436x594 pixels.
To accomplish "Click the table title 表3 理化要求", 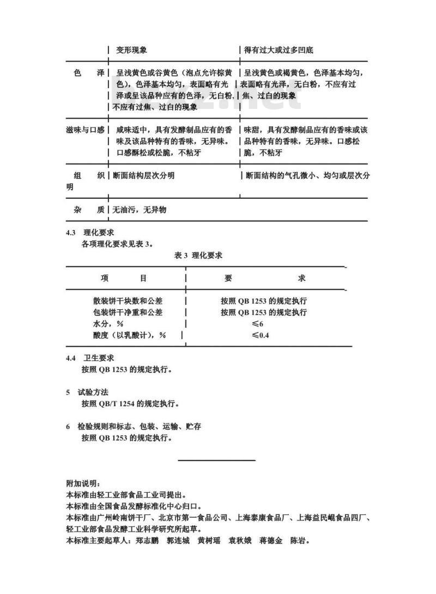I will (x=198, y=255).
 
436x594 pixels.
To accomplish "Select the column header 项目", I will (x=124, y=278).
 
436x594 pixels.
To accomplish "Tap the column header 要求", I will (x=265, y=278).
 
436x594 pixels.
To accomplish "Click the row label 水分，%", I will (x=108, y=324).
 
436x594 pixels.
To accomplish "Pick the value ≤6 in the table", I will (x=257, y=324).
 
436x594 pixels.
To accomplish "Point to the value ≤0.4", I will (x=260, y=335).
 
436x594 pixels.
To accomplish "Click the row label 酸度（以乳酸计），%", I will (x=129, y=335).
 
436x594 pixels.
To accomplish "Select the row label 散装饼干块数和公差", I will (x=128, y=301).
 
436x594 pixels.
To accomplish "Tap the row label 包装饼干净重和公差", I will (x=128, y=313).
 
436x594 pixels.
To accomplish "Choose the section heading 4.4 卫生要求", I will (x=90, y=358).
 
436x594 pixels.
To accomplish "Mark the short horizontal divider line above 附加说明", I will (x=217, y=461).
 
